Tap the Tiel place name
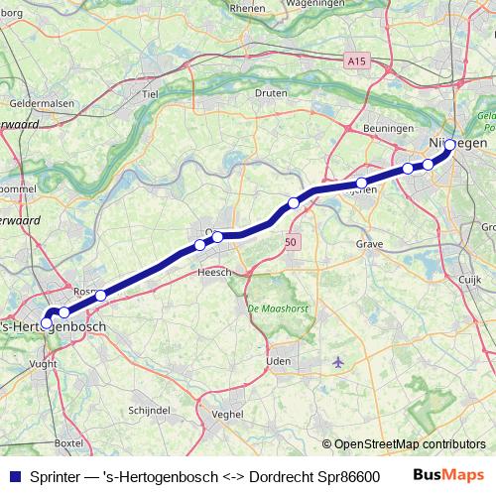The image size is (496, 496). pos(151,94)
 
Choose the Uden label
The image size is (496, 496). pos(279,362)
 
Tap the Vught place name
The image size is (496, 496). pos(43,365)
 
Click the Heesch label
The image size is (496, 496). pos(213,272)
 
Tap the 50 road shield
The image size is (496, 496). pos(290,241)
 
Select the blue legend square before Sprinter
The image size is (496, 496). pos(14,475)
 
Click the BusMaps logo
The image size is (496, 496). pos(448,475)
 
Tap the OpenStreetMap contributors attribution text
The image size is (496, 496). pos(409,444)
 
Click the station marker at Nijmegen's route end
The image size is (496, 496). pos(450,146)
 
